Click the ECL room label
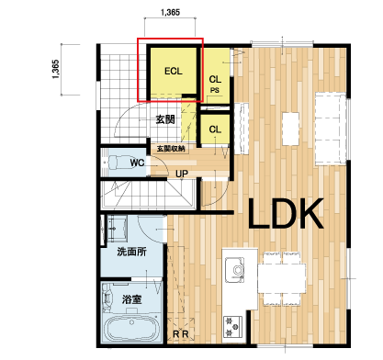coord(174,71)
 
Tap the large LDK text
coord(286,214)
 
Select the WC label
coord(137,163)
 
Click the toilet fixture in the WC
coord(117,163)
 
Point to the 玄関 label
coord(165,119)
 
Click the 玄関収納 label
coord(171,149)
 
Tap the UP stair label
coord(182,174)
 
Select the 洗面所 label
coord(131,252)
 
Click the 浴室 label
coord(131,299)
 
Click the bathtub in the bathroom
coord(131,328)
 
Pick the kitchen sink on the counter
coord(235,270)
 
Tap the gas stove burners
coord(232,326)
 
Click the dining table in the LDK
coord(282,278)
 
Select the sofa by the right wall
coord(331,129)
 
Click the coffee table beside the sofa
coord(290,129)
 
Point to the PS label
coord(215,90)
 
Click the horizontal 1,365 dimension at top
coord(170,13)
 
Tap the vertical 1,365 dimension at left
coord(55,69)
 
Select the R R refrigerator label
coord(181,334)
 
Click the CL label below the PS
coord(215,129)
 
